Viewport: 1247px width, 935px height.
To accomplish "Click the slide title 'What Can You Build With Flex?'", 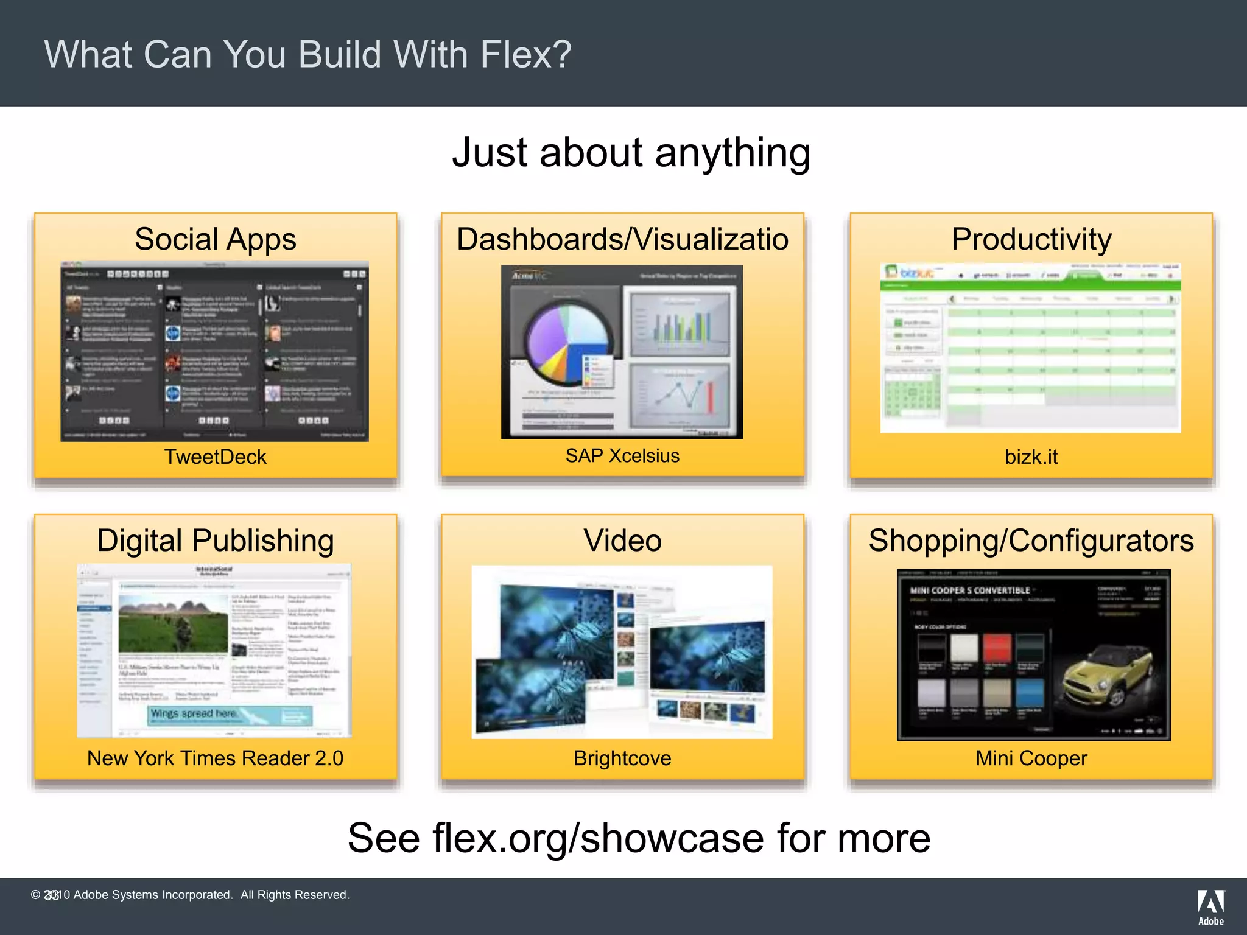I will point(307,55).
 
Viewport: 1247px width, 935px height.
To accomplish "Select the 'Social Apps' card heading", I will point(215,239).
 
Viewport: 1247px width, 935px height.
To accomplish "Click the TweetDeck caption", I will point(215,457).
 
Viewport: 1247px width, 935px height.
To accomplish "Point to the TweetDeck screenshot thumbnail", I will point(214,351).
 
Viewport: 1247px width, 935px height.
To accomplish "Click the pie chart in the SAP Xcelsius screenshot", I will point(567,345).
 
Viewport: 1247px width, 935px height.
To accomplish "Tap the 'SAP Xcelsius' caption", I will point(622,456).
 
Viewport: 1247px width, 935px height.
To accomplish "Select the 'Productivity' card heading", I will point(1031,239).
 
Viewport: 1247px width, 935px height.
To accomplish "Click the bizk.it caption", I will point(1031,457).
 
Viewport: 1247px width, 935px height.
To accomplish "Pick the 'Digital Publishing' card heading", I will point(215,541).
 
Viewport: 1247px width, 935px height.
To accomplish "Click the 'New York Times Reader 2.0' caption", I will point(215,758).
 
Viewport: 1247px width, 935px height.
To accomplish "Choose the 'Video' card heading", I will point(622,541).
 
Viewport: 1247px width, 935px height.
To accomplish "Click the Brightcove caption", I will point(622,758).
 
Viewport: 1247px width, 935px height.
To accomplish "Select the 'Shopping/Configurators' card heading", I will point(1031,541).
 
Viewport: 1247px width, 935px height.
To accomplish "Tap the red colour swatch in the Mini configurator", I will point(996,648).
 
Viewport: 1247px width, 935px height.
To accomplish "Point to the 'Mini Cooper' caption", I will point(1031,758).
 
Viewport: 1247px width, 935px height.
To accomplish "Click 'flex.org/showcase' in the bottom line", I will point(598,838).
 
